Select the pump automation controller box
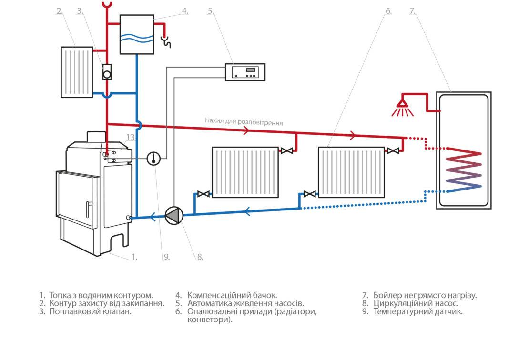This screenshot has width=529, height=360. pyautogui.click(x=245, y=72)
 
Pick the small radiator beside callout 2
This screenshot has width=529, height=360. pyautogui.click(x=77, y=71)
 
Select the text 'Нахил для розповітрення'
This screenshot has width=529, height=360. pyautogui.click(x=244, y=121)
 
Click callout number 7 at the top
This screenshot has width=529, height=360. pyautogui.click(x=412, y=11)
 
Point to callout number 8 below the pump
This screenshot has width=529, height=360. pyautogui.click(x=200, y=257)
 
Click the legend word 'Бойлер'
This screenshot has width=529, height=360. pyautogui.click(x=387, y=295)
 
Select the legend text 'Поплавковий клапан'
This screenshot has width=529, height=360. pyautogui.click(x=90, y=312)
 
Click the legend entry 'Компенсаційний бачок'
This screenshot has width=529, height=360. pyautogui.click(x=232, y=295)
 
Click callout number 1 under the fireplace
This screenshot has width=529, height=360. pyautogui.click(x=134, y=257)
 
